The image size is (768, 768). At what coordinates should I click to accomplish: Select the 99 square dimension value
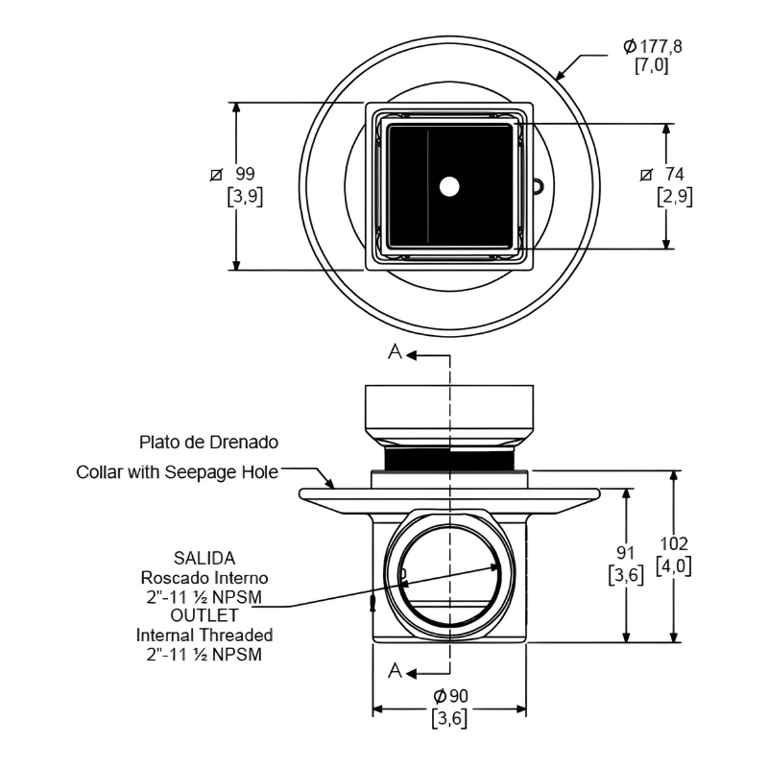click(x=245, y=174)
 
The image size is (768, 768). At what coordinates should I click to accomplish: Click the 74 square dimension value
click(x=675, y=174)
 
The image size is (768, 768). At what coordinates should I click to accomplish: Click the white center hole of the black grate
click(x=448, y=186)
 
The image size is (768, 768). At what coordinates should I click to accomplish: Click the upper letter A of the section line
click(x=395, y=353)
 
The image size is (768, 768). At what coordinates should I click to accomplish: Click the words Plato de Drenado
click(x=208, y=443)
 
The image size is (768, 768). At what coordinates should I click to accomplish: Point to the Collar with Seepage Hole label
click(x=178, y=472)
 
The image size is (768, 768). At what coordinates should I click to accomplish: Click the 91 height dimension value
click(x=627, y=553)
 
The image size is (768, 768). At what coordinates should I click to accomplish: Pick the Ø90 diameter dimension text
click(x=448, y=693)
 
